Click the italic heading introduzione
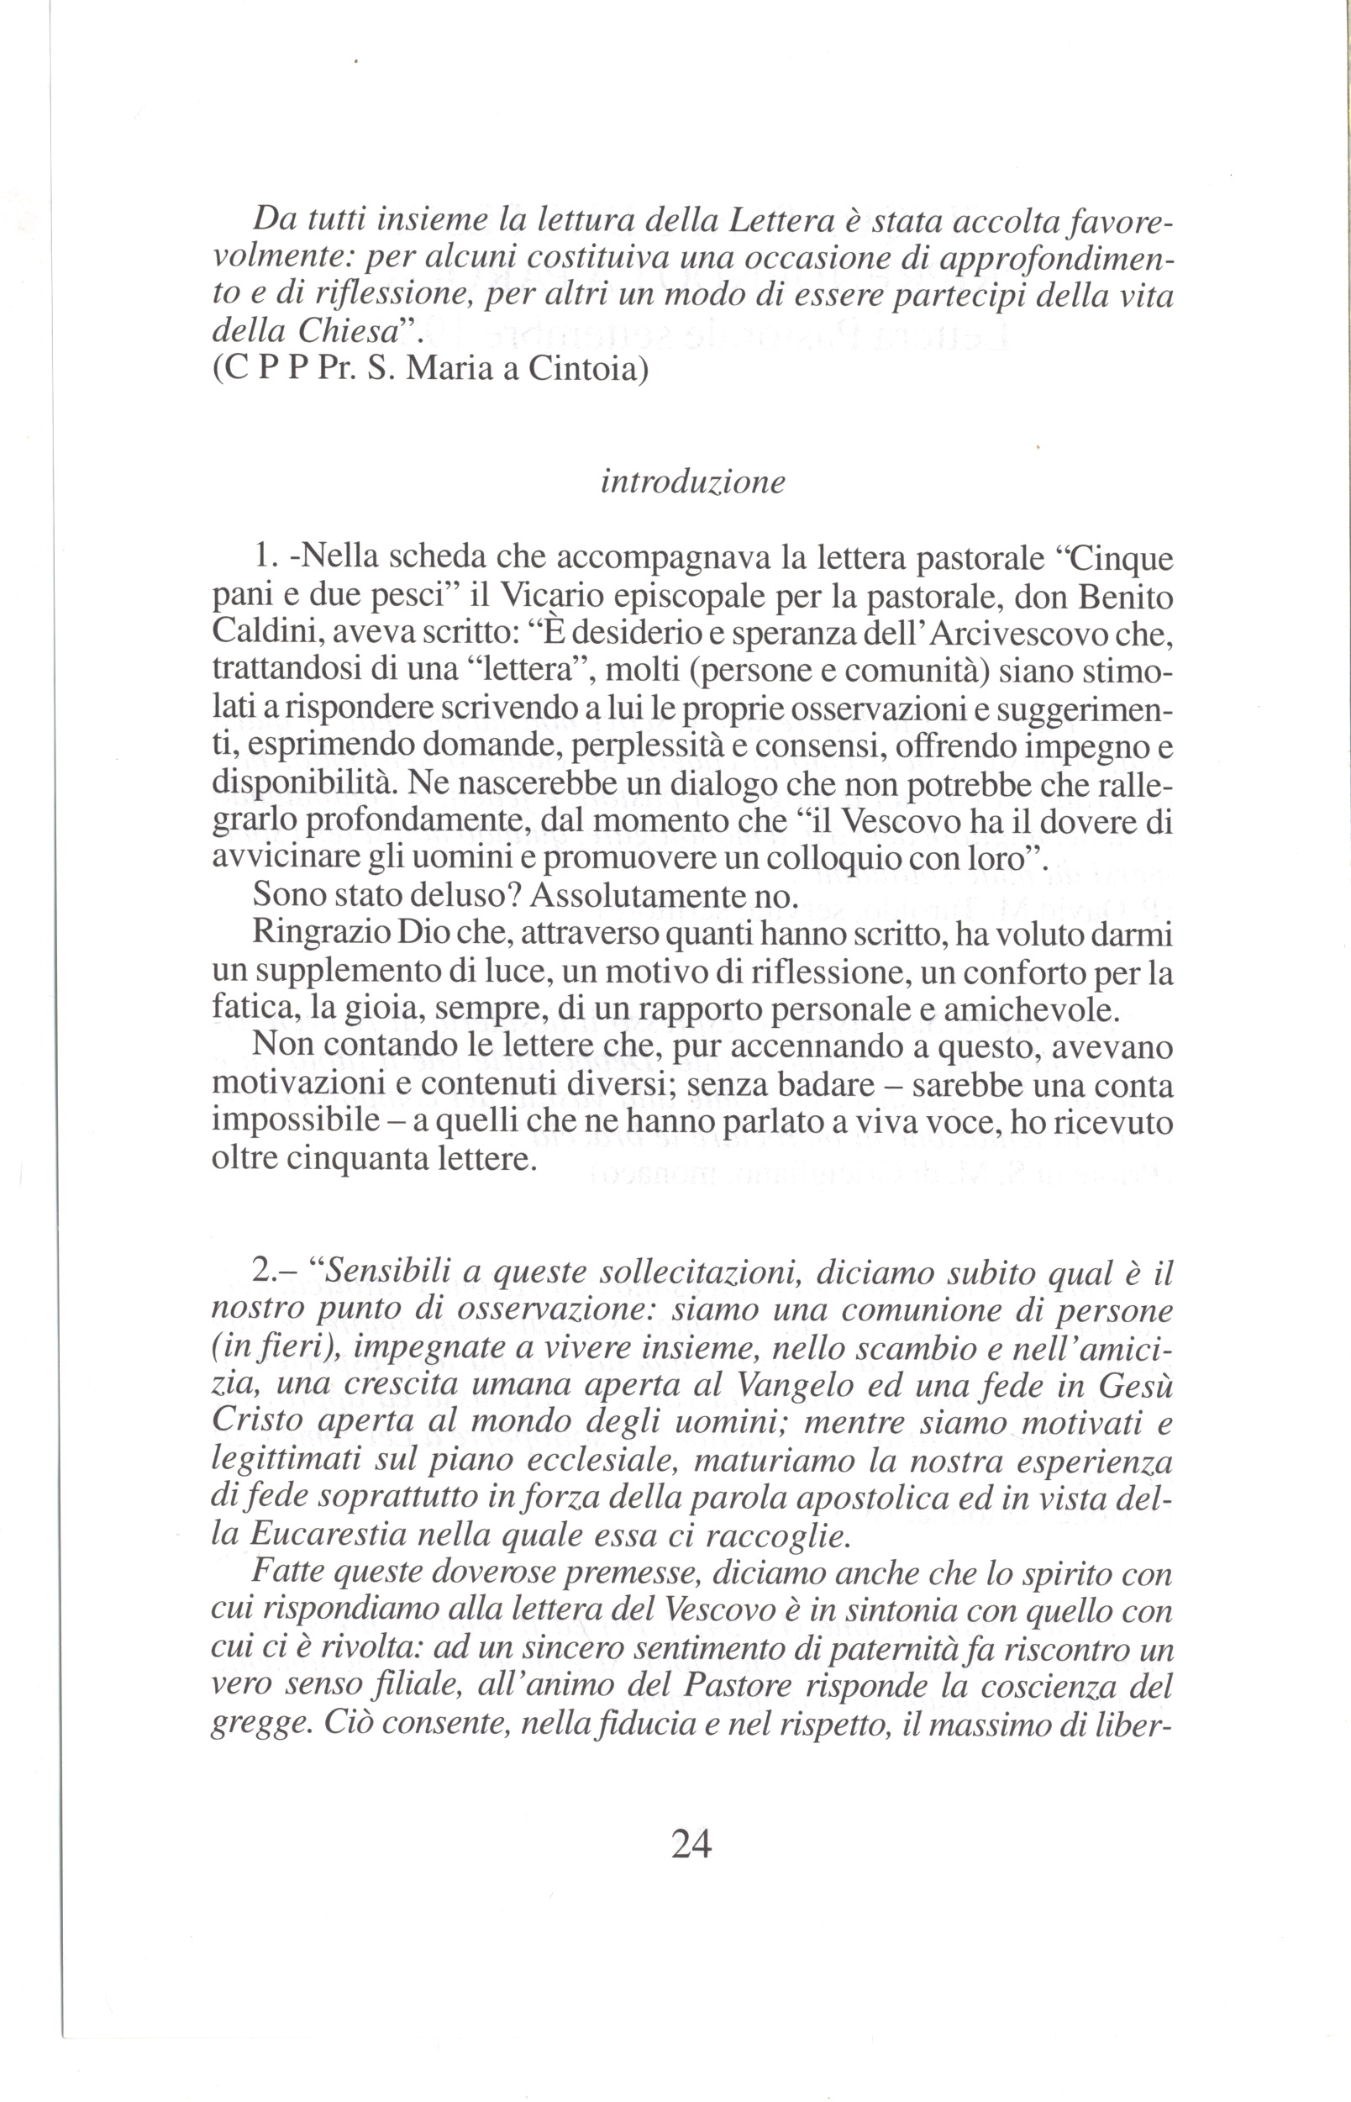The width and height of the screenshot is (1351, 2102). [x=692, y=482]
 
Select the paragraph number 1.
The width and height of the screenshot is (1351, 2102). [x=264, y=558]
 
